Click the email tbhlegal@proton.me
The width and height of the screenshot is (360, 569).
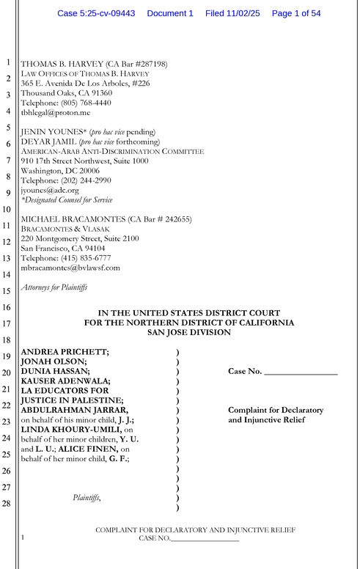point(55,113)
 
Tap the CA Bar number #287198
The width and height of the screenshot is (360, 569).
point(150,65)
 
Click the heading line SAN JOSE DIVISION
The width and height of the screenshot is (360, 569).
point(189,332)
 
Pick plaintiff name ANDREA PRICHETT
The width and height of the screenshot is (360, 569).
point(65,352)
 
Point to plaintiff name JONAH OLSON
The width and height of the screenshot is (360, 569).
point(54,361)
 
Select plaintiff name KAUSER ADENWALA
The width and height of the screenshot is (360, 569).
point(65,381)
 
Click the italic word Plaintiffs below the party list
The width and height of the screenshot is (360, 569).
point(87,498)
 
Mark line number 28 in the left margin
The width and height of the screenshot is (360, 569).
point(7,503)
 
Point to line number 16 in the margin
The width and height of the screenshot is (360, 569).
point(7,308)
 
